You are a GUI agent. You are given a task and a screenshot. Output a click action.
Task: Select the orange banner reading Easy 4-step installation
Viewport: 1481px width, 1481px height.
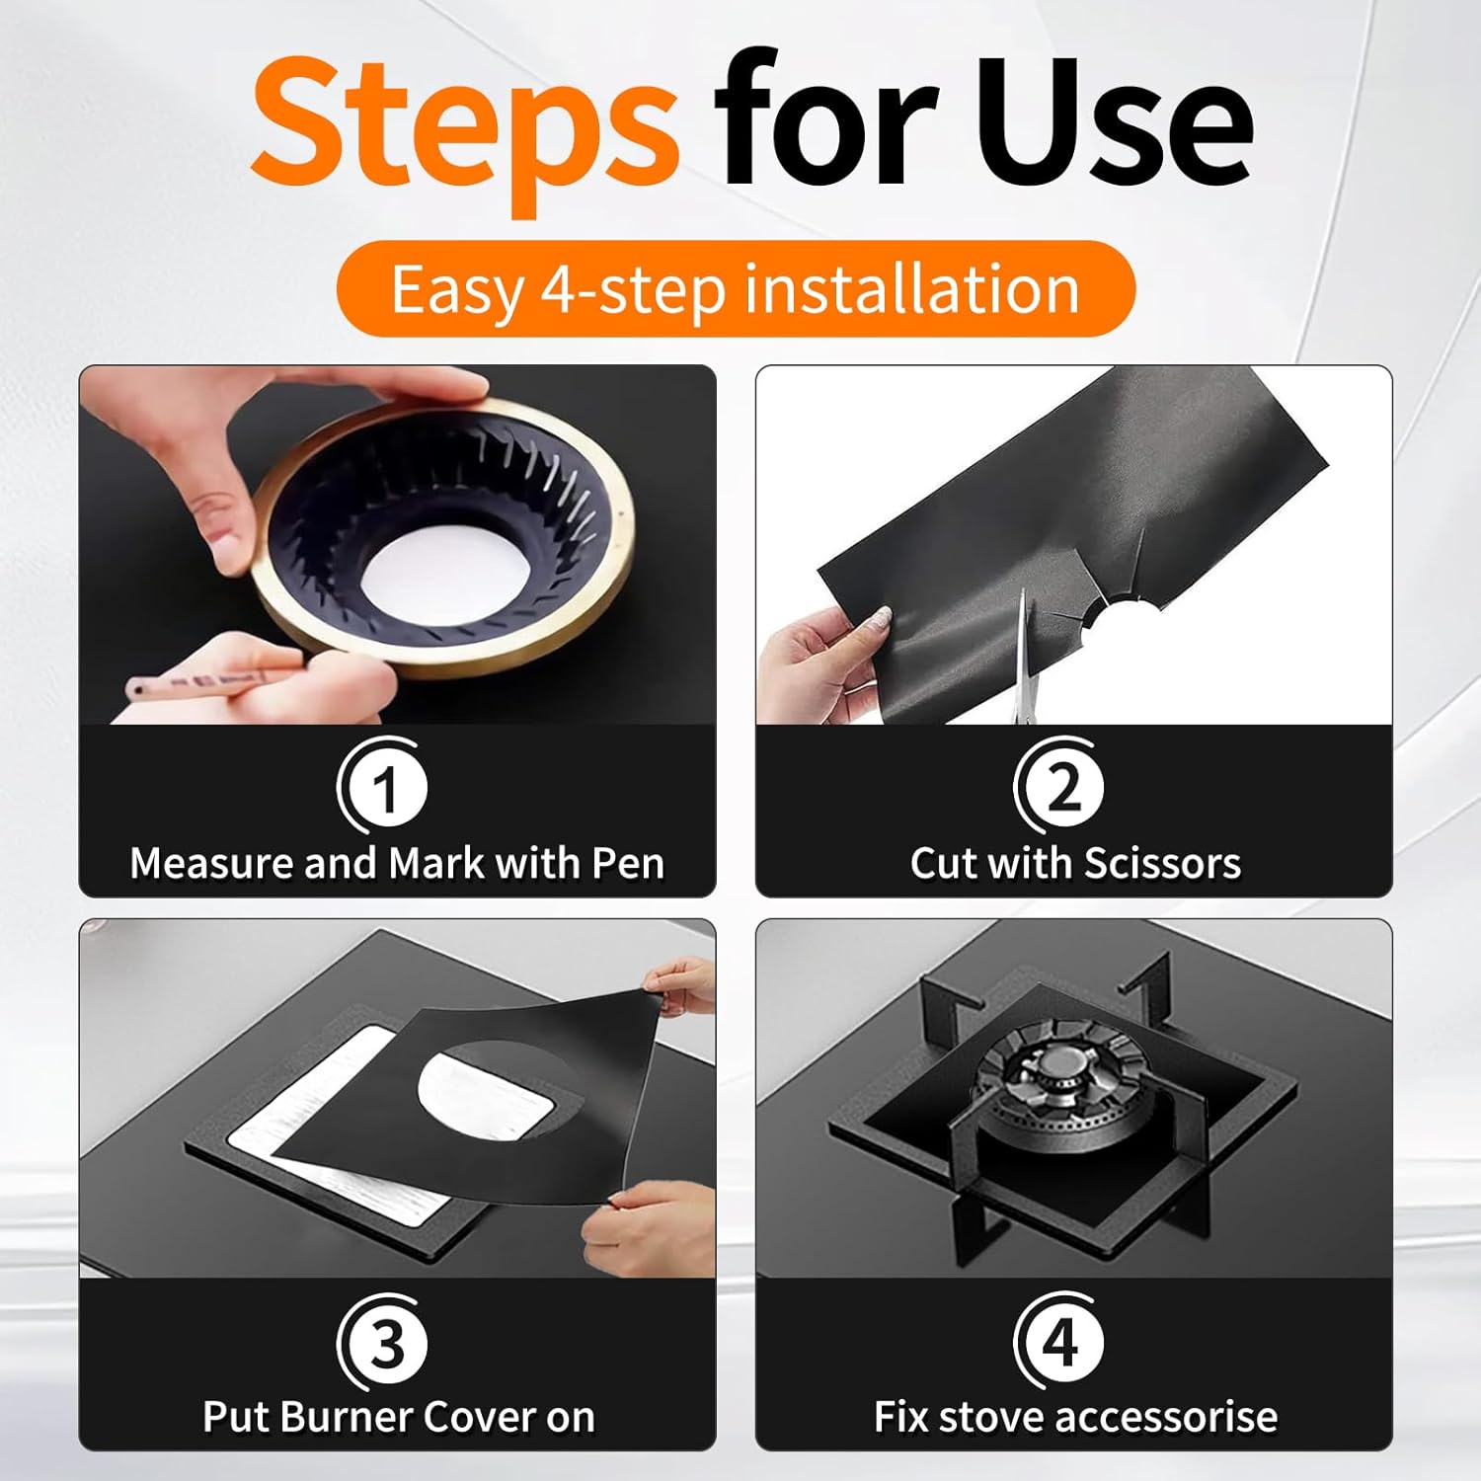[x=736, y=288]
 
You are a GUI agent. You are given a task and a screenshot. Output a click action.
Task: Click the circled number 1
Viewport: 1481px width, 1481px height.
[x=383, y=787]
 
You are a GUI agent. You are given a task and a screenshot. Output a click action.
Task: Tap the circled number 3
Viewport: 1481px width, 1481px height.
[x=383, y=1342]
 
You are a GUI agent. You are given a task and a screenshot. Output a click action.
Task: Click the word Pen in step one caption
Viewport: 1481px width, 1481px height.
[x=627, y=863]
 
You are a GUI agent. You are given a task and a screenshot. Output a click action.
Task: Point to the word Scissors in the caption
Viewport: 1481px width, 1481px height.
[x=1162, y=863]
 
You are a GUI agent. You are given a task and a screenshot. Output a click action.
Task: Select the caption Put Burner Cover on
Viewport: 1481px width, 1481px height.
[x=399, y=1417]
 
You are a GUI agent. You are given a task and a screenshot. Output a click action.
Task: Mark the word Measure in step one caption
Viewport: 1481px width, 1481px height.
[x=212, y=863]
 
